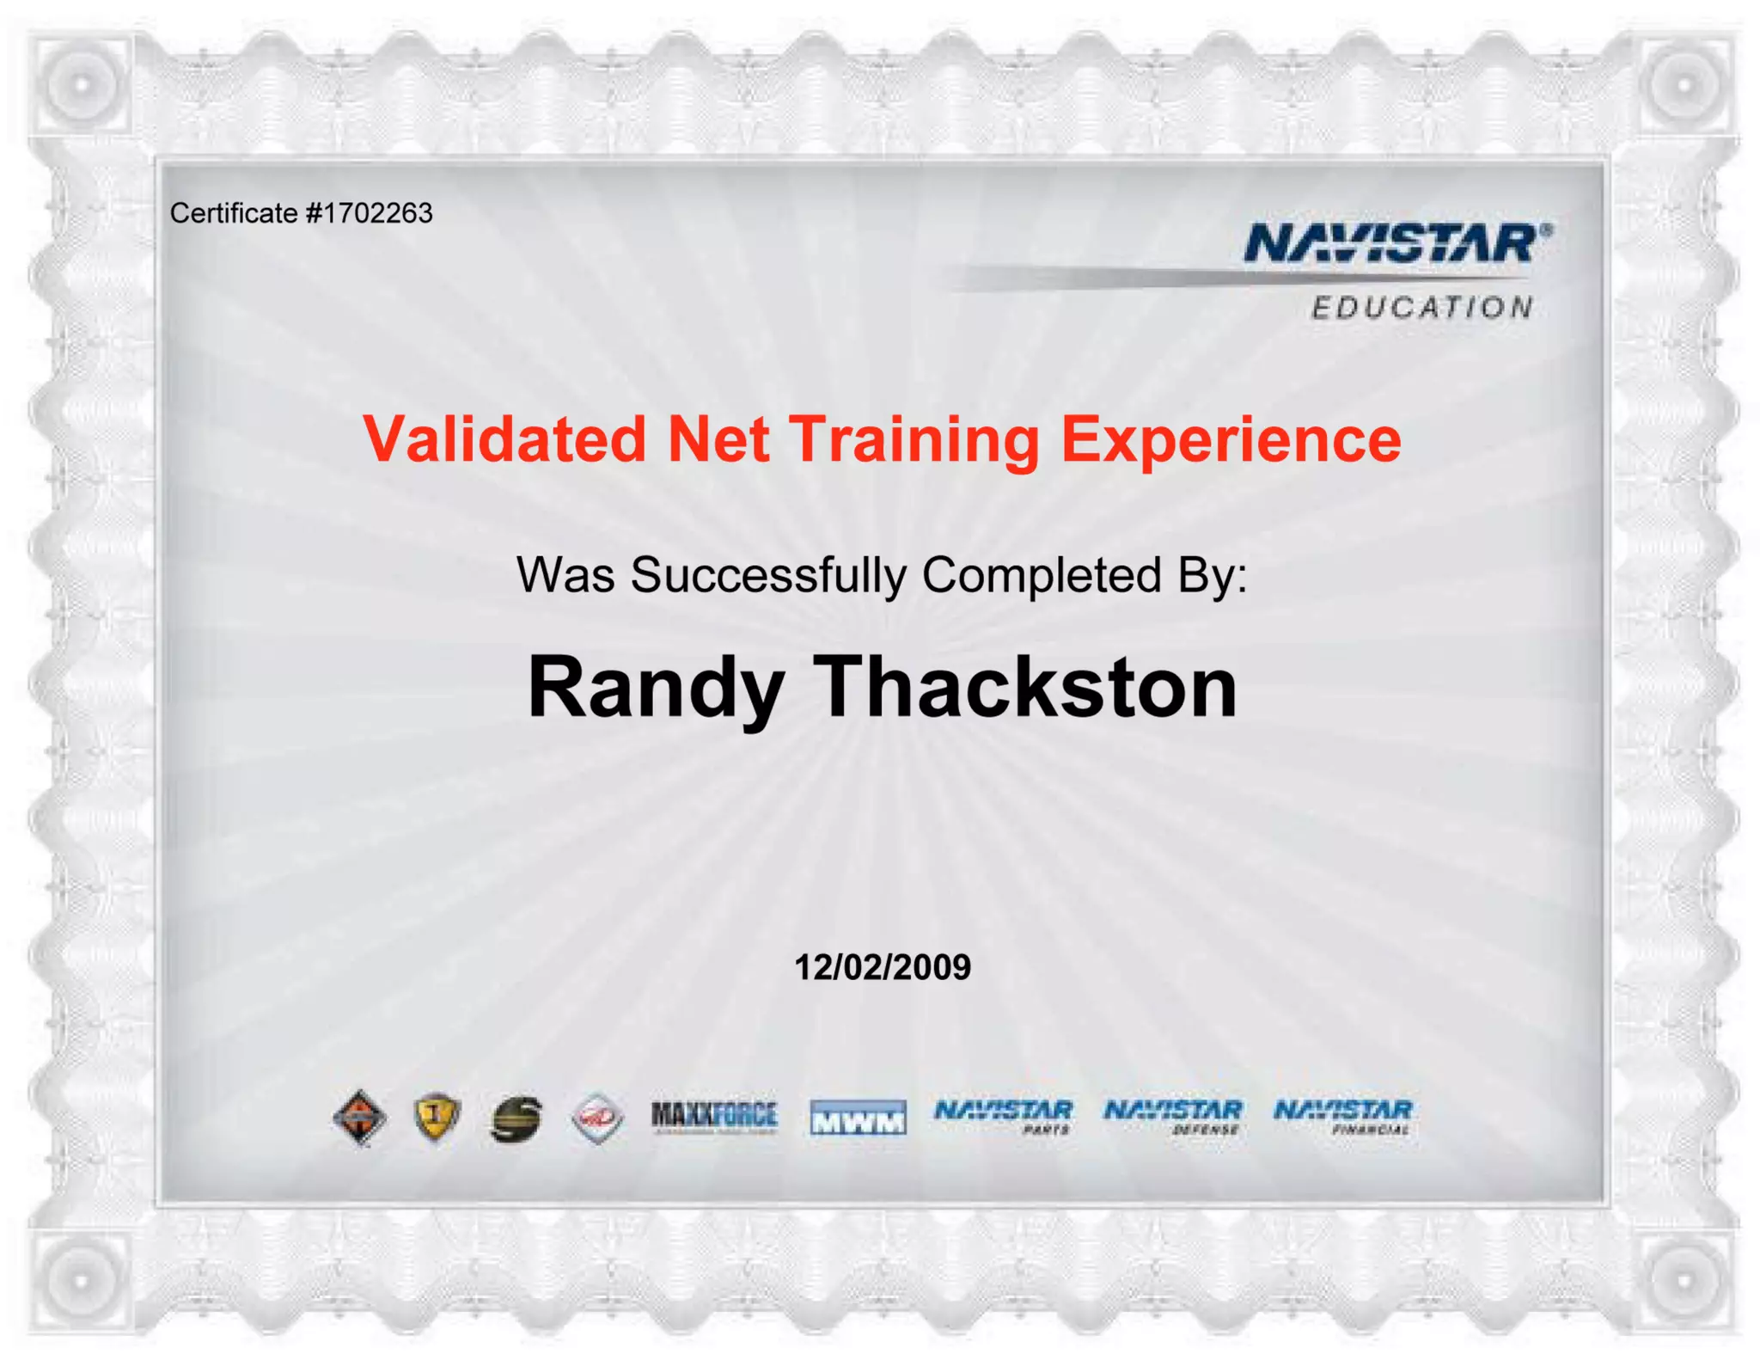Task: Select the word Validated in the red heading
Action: (x=504, y=439)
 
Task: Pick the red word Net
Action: (x=718, y=439)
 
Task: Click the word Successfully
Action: (x=768, y=575)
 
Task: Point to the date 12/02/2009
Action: (x=883, y=967)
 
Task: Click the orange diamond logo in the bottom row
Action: (x=360, y=1117)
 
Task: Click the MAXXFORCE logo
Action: (x=714, y=1116)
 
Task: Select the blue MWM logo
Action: (x=858, y=1118)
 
